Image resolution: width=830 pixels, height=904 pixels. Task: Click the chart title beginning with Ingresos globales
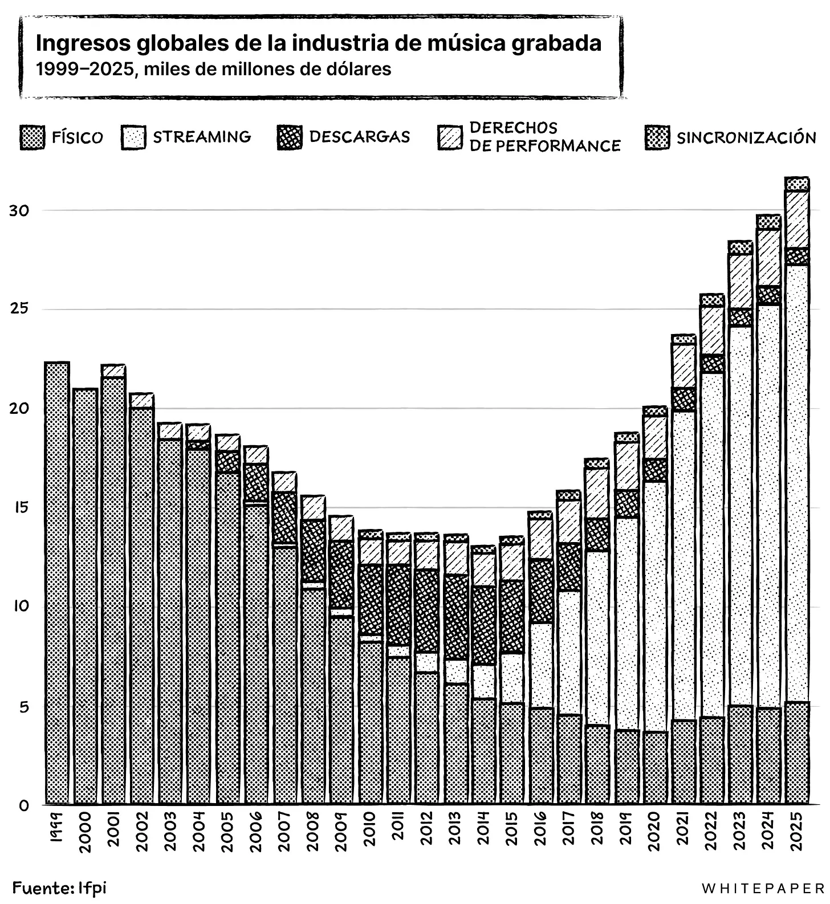pos(318,43)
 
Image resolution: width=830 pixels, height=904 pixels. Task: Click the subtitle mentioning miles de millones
pos(213,70)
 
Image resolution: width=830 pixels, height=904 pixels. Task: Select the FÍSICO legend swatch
pos(32,138)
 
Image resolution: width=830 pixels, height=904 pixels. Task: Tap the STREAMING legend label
pos(201,137)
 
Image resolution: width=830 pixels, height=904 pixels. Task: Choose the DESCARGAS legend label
pos(359,137)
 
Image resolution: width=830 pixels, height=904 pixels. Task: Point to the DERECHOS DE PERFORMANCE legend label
pos(544,137)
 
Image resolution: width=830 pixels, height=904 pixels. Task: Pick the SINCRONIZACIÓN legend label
pos(746,138)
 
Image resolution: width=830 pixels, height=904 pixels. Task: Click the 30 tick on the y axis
pos(18,211)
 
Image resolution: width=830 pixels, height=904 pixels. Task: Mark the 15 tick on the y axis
pos(18,507)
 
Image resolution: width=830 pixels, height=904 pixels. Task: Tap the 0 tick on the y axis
pos(23,806)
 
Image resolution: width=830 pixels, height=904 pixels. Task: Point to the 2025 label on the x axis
pos(797,830)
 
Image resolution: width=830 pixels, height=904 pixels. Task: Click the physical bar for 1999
pos(57,581)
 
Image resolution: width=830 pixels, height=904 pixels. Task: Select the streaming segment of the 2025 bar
pos(797,484)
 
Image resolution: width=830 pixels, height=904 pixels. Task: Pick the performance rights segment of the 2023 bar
pos(740,282)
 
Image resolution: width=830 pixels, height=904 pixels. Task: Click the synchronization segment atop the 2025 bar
pos(797,184)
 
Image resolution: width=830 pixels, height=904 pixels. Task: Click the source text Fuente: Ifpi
pos(60,887)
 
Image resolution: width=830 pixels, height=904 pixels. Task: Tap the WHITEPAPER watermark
pos(762,889)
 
